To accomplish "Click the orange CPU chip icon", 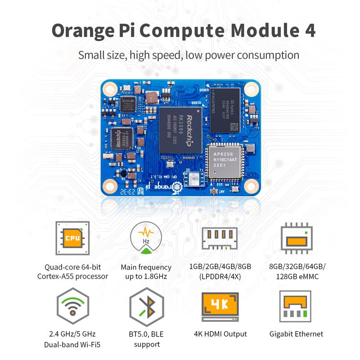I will point(72,238).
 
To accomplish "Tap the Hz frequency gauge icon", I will point(146,238).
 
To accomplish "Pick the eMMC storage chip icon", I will point(296,238).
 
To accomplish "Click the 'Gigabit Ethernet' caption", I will point(296,334).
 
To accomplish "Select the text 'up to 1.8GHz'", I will point(146,276).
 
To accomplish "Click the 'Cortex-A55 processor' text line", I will point(72,276).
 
